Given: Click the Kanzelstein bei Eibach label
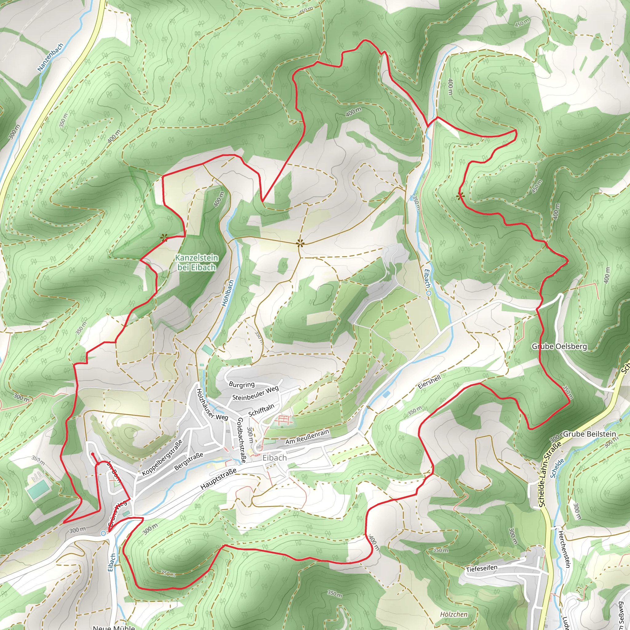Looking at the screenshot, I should pos(197,262).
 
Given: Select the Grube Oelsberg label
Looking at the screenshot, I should pos(559,346).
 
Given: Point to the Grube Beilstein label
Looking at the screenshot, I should pos(590,434).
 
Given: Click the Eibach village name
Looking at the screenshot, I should pos(275,458).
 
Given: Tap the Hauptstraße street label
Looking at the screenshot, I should pos(218,479).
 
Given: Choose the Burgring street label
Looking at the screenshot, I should pos(241,384).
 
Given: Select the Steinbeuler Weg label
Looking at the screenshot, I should pos(255,393).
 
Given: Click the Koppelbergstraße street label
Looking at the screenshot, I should pos(162,457).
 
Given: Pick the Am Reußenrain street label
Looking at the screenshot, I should pos(307,437).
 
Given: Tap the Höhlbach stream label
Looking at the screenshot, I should pos(228,293).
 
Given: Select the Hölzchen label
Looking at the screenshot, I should pos(454,614).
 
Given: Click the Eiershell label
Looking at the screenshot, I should pos(429,381).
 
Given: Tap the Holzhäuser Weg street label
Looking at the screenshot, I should pos(212,404).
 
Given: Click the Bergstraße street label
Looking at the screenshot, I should pos(189,461).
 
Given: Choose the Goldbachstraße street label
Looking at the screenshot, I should pos(241,440).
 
